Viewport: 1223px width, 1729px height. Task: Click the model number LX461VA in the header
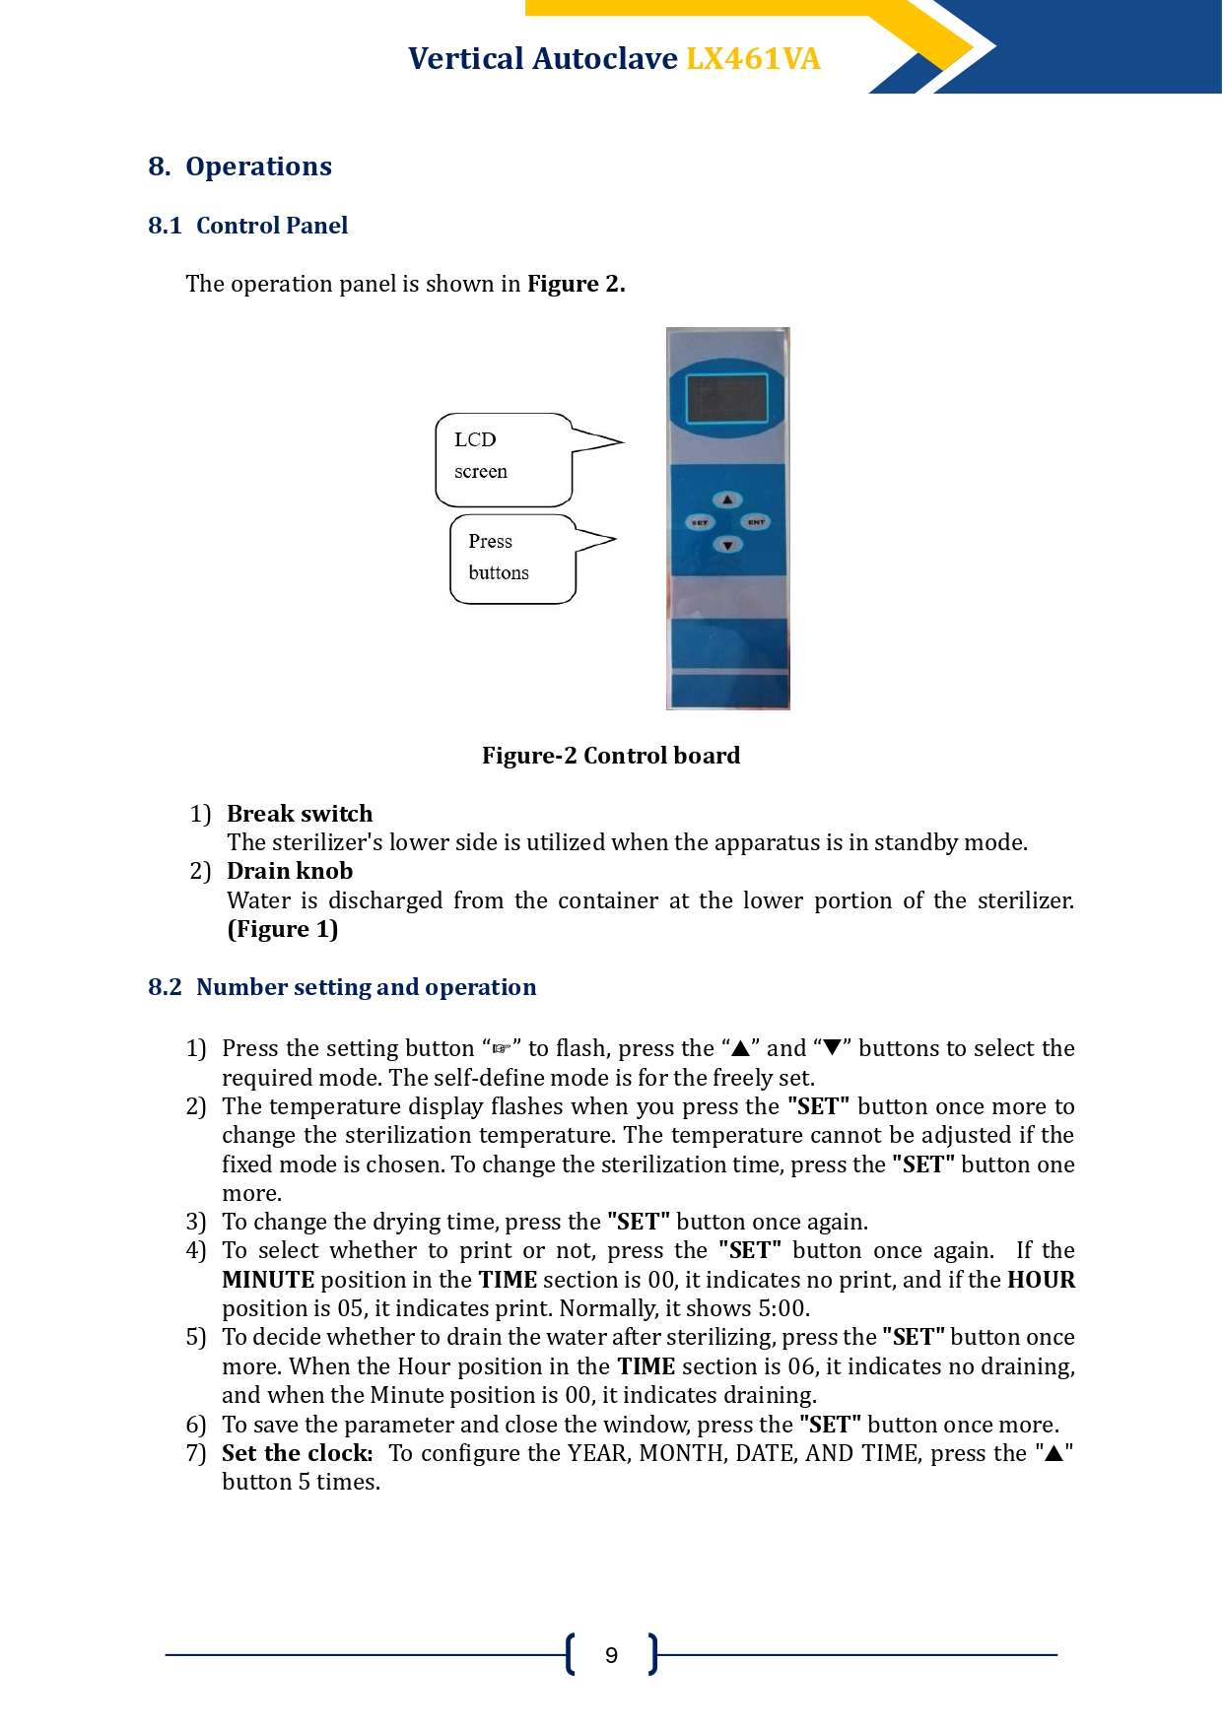coord(753,59)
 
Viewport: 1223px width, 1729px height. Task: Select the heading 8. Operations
coord(239,166)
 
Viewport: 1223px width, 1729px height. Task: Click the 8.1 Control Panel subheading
coord(247,226)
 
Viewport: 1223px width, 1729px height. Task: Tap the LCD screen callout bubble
coord(504,459)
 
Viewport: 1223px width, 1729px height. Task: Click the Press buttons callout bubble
coord(512,559)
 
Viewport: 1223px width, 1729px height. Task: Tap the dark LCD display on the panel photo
coord(727,398)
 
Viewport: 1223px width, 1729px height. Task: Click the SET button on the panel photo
coord(700,522)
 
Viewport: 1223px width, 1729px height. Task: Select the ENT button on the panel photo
coord(756,522)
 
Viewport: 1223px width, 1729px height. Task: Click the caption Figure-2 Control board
coord(611,756)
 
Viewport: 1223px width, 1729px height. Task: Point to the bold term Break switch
coord(300,814)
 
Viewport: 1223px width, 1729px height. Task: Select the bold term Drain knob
coord(290,871)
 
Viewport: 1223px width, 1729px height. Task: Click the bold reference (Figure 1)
coord(283,929)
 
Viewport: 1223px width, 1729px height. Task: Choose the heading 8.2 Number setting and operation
coord(342,987)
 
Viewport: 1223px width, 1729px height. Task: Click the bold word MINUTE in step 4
coord(268,1280)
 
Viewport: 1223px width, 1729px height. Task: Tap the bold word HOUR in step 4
coord(1041,1280)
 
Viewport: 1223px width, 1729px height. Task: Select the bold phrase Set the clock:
coord(298,1453)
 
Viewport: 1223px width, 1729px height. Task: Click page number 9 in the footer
coord(611,1655)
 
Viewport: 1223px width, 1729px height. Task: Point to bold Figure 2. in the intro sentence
coord(577,284)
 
